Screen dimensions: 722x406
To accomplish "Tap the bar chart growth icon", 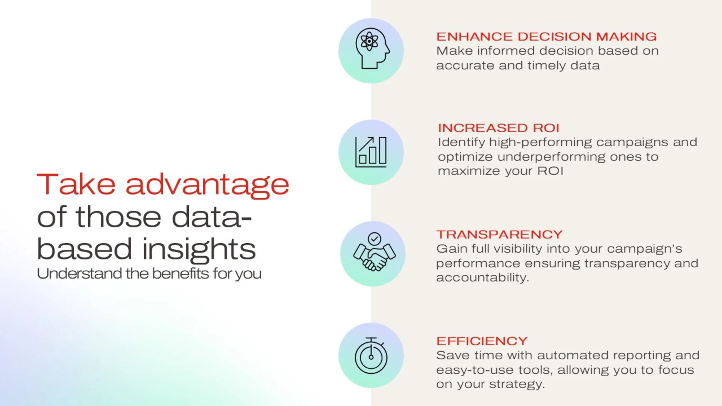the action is [x=371, y=152].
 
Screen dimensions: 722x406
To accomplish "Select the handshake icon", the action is [x=374, y=252].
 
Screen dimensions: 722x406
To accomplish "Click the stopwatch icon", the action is [x=371, y=355].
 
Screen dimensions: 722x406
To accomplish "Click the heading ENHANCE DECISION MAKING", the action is [x=546, y=36].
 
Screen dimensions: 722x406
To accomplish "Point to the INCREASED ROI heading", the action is [x=499, y=128].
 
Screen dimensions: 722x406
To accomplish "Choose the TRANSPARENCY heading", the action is [x=499, y=234].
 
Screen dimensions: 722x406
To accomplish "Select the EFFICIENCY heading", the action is [x=482, y=341].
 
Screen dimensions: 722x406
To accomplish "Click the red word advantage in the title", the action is [x=207, y=185].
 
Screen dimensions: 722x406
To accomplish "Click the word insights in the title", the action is [x=199, y=249].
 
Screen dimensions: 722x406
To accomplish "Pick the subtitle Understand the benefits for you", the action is [x=149, y=274].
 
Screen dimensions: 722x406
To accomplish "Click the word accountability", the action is [x=482, y=278].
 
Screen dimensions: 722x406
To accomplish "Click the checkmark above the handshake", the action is [x=375, y=239].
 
